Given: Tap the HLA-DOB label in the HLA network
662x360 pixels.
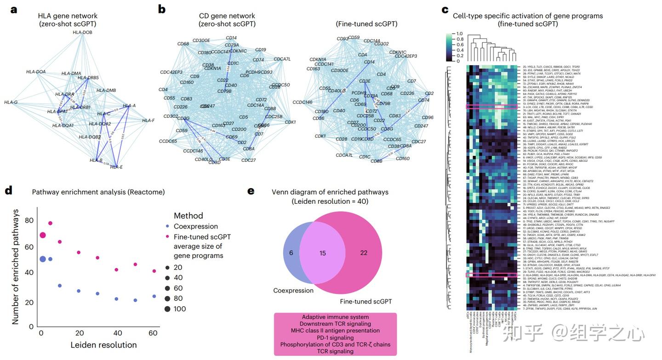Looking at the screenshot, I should [82, 32].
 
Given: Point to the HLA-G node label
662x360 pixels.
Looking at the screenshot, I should [11, 102].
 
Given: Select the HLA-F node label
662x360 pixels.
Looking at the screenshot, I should [148, 120].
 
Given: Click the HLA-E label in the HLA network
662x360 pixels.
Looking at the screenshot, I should [116, 167].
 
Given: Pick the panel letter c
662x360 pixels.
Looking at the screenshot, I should [445, 9].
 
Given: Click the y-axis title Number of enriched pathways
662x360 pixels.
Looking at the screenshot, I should [15, 266].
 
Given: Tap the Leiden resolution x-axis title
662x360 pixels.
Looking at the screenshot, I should [103, 345].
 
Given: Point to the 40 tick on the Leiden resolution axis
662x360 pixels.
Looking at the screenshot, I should [117, 333].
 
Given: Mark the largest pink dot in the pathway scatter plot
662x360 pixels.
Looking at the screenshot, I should [43, 235].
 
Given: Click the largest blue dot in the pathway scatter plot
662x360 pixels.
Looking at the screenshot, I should [43, 259].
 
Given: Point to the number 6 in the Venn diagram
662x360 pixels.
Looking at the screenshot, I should [291, 253].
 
